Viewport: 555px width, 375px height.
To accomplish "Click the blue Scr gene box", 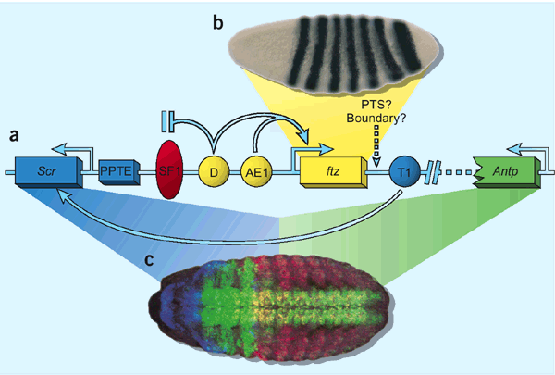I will tap(47, 171).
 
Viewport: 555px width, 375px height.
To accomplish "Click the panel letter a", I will tap(14, 136).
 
